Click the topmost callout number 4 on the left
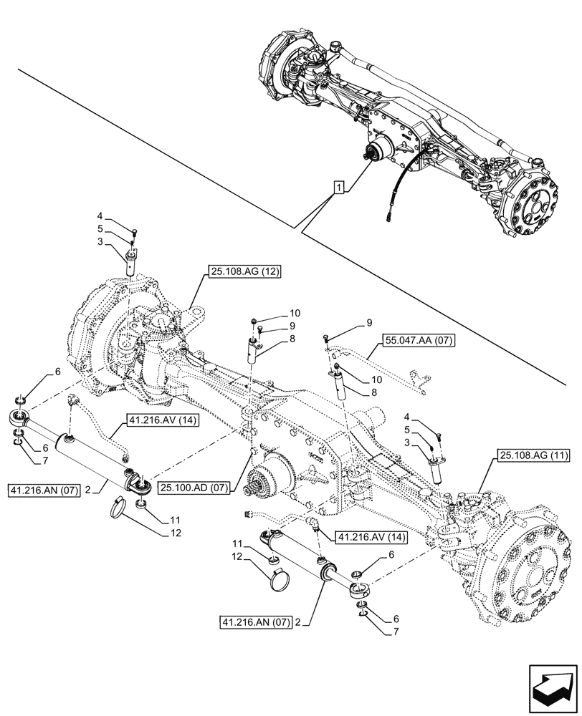click(x=100, y=215)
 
